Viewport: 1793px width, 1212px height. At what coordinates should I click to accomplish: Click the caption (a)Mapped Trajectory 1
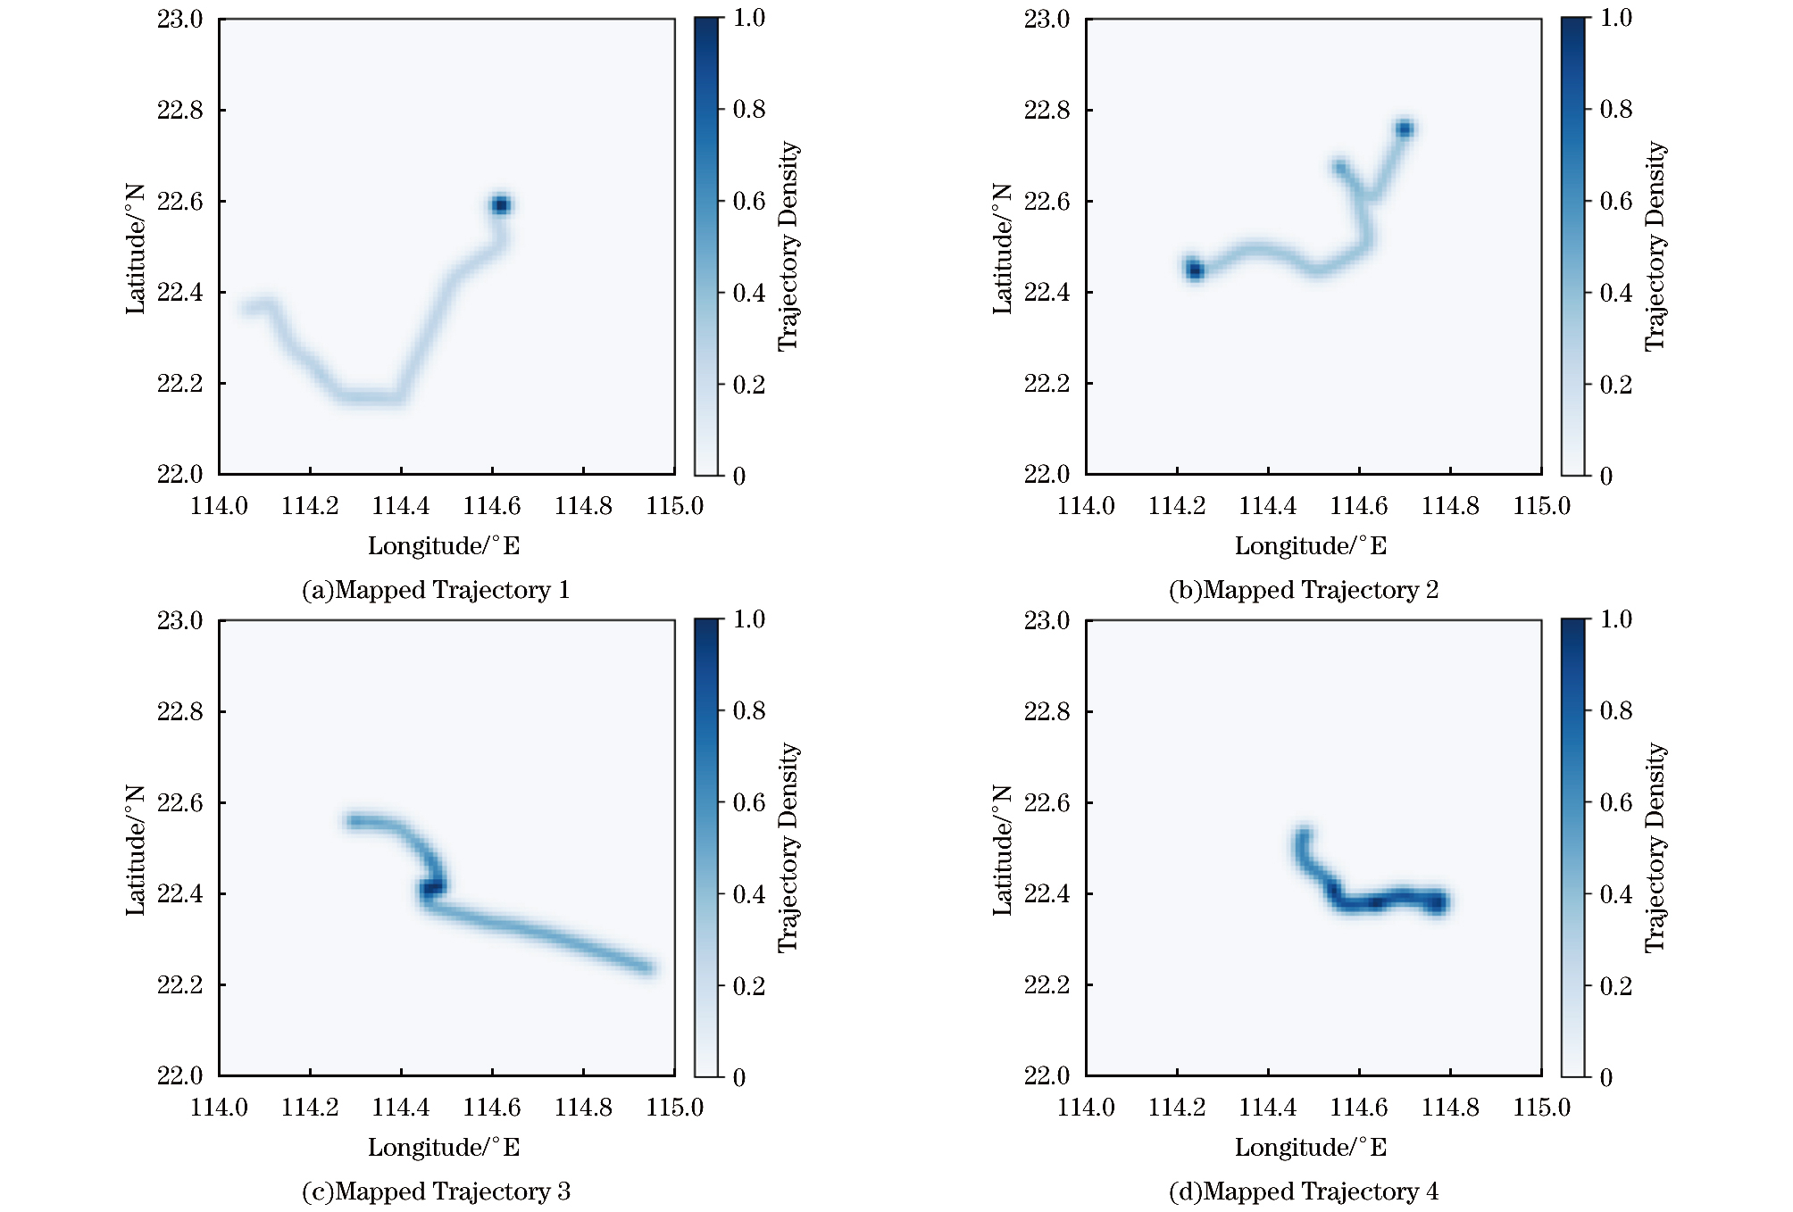[436, 590]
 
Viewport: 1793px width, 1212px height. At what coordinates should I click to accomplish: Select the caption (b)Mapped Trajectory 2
[1303, 590]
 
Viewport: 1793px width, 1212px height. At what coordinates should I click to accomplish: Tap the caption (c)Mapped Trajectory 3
[436, 1191]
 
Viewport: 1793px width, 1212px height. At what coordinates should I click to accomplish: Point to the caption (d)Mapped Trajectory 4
[1303, 1191]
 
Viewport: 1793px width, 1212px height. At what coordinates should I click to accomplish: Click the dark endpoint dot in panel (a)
[500, 205]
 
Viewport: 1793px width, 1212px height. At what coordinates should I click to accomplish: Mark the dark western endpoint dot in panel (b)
[1195, 270]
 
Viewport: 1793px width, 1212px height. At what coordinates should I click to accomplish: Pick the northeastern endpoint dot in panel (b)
[1404, 129]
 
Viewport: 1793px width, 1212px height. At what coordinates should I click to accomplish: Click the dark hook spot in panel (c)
[432, 888]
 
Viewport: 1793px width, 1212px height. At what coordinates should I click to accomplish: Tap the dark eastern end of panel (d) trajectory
[1437, 903]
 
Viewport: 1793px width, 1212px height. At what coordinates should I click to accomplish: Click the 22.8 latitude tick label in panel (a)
[179, 110]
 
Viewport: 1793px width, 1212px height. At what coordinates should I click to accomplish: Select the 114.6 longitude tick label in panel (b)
[1359, 507]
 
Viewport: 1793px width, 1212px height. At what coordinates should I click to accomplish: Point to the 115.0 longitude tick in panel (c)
[675, 1108]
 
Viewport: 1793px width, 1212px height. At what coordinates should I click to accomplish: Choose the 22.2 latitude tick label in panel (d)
[1047, 985]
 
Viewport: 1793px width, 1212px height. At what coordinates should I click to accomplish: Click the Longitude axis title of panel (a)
[444, 546]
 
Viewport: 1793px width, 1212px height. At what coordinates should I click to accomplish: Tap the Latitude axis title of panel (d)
[1002, 850]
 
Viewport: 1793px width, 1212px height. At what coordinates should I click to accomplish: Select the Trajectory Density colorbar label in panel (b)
[1655, 246]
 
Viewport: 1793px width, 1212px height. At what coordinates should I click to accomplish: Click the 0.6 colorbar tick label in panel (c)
[749, 802]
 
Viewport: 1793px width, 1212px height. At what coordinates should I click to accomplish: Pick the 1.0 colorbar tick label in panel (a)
[749, 18]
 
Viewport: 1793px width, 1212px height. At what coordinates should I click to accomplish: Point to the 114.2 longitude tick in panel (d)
[1177, 1108]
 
